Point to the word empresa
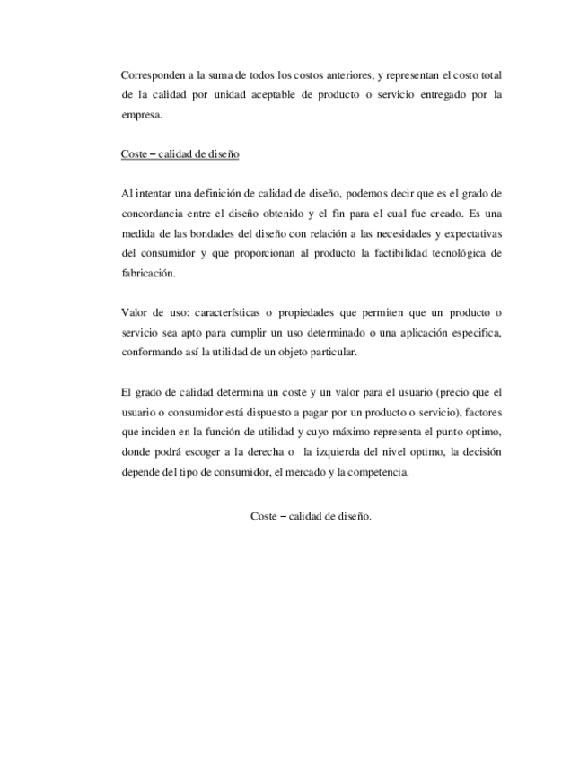click(x=141, y=114)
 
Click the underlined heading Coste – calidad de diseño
click(x=180, y=153)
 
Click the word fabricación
click(x=148, y=274)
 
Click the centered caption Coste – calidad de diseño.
click(x=311, y=516)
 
